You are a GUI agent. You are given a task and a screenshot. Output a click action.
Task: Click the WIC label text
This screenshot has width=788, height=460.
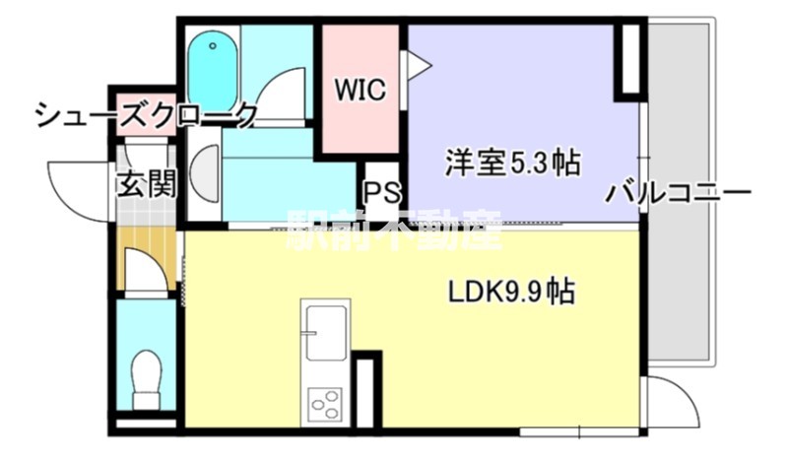[x=357, y=92]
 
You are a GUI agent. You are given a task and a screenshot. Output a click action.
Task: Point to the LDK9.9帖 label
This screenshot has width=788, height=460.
[x=511, y=293]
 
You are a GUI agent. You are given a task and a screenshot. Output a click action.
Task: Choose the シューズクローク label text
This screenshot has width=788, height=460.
[x=146, y=116]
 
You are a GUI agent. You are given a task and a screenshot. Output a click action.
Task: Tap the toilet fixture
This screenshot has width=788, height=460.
[x=147, y=377]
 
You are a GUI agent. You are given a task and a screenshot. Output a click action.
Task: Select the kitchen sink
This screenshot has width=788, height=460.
[x=325, y=332]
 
